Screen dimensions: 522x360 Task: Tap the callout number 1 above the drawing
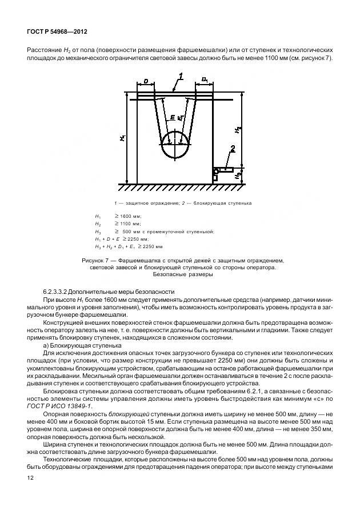pos(181,76)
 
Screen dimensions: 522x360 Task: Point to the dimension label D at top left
pos(146,82)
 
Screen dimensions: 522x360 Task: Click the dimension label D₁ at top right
pos(205,82)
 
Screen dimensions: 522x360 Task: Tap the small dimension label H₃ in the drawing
pos(237,176)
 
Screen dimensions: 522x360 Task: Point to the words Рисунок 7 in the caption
pos(97,260)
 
